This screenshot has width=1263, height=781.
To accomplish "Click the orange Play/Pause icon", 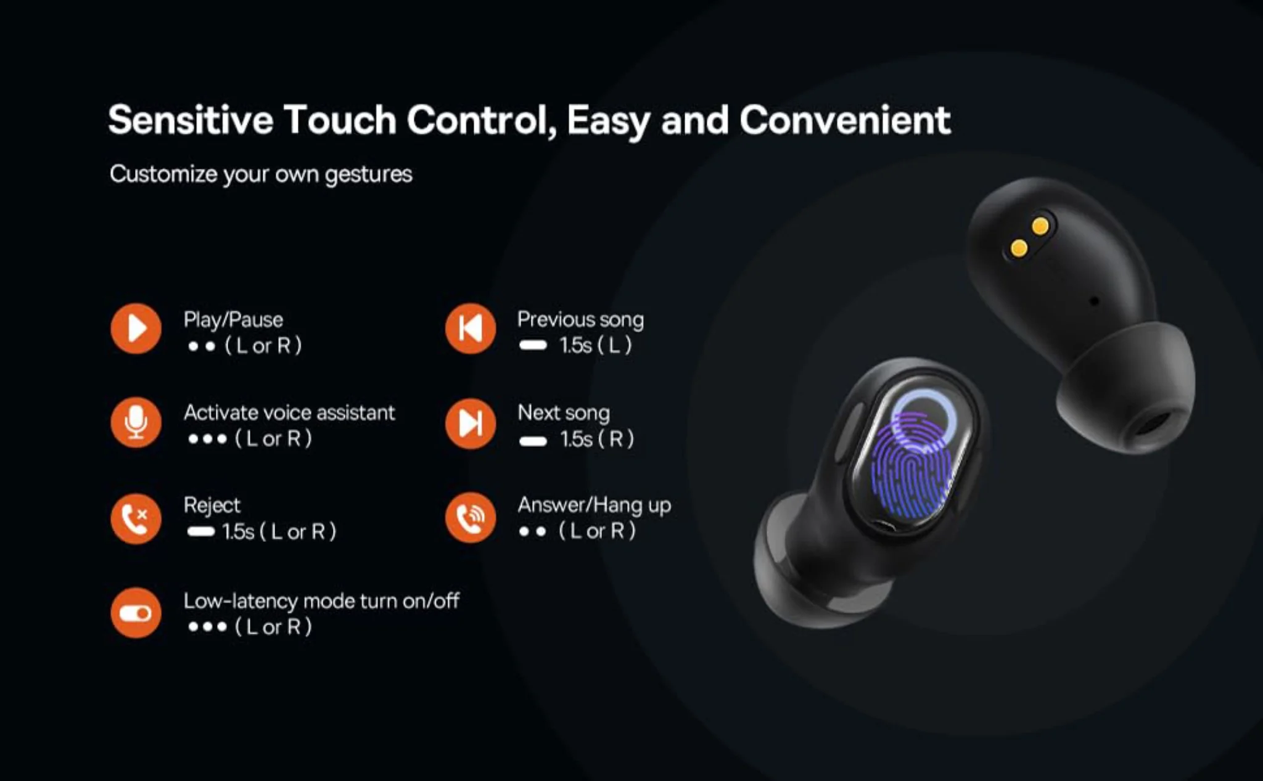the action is click(x=136, y=329).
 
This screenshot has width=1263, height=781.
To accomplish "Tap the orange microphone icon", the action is click(x=136, y=422).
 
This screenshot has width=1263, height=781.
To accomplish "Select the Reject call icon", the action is click(x=136, y=518).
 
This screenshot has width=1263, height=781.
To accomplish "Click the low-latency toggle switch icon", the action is click(x=136, y=613).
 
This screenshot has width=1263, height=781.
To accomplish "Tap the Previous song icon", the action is click(x=471, y=329).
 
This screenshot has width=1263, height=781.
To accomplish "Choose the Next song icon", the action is click(x=471, y=423).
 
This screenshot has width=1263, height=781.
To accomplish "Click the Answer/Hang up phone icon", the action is click(x=471, y=518).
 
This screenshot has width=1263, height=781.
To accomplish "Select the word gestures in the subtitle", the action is click(x=368, y=174).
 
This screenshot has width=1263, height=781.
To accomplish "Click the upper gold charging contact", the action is click(x=1040, y=226).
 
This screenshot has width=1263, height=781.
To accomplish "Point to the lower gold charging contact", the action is click(x=1019, y=249).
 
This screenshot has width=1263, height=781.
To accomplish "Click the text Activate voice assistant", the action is click(x=289, y=412).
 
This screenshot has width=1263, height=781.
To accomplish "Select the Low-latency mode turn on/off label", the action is click(x=321, y=600).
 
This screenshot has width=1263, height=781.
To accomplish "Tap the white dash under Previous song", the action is click(x=533, y=345).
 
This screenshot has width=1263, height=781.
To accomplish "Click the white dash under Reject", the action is click(x=200, y=531).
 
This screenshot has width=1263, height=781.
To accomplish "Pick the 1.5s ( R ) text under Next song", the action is click(x=596, y=439).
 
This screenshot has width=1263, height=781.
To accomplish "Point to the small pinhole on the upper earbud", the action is click(x=1094, y=301).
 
